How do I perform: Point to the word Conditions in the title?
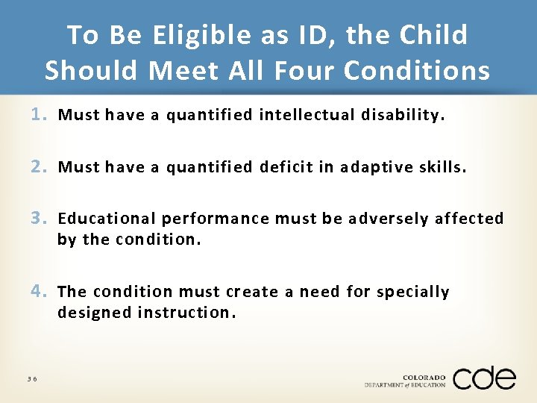coord(417,70)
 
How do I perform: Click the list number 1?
coord(39,115)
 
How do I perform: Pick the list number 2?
coord(39,167)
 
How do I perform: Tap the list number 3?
coord(39,219)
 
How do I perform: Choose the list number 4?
coord(39,291)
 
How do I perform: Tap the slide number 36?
coord(32,379)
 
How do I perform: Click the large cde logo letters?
coord(484,378)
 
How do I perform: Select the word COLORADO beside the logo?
coord(424,377)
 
